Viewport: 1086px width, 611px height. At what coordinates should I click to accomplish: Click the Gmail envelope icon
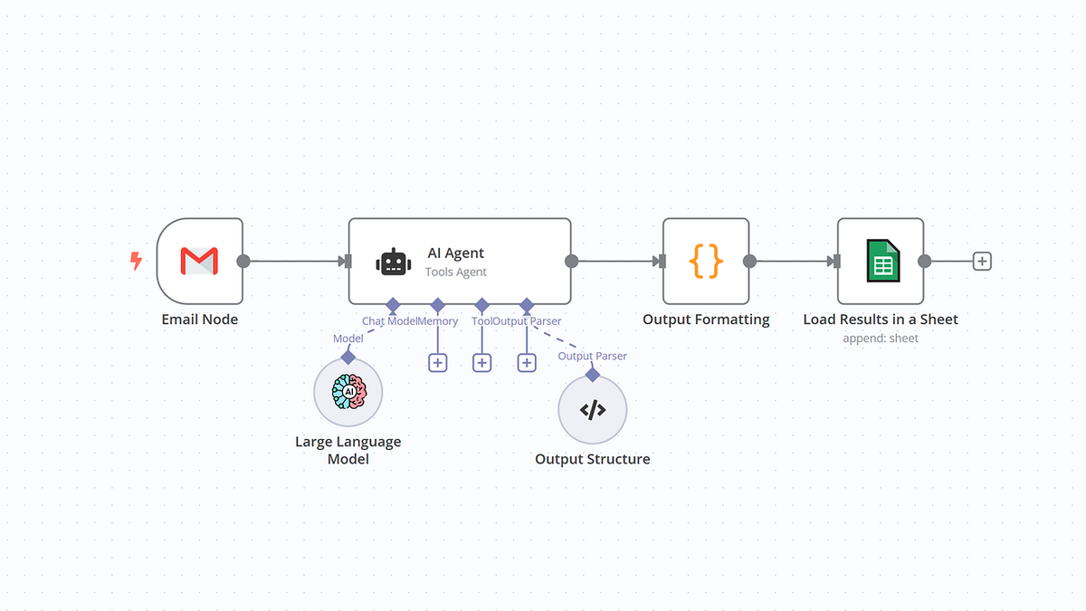point(199,262)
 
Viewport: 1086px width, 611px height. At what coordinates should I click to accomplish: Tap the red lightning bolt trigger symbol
point(137,262)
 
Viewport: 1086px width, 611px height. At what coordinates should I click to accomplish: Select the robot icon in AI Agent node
point(392,262)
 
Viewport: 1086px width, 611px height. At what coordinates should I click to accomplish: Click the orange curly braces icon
point(706,262)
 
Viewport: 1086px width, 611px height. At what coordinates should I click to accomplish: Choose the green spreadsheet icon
point(880,262)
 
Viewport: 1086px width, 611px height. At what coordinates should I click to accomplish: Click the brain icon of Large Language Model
point(348,392)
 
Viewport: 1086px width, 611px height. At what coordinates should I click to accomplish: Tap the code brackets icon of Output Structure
point(593,409)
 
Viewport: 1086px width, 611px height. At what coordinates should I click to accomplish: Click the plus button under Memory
point(438,362)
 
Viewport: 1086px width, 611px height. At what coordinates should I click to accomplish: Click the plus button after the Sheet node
point(982,262)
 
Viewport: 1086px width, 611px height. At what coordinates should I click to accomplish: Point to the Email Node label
point(199,320)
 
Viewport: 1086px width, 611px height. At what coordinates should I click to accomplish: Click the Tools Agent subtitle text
point(456,272)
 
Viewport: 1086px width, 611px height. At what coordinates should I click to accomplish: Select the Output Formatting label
point(706,320)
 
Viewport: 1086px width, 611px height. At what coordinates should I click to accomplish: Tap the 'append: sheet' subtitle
point(880,339)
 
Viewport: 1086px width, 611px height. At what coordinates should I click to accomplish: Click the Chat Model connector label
point(388,321)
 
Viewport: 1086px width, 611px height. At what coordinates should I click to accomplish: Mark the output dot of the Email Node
point(243,262)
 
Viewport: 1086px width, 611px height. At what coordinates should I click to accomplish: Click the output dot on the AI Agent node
point(571,262)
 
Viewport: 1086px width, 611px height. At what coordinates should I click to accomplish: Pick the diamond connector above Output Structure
point(593,374)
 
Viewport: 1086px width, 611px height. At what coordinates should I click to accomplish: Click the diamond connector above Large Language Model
point(348,357)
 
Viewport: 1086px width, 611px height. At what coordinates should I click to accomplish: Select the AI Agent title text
point(456,253)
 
